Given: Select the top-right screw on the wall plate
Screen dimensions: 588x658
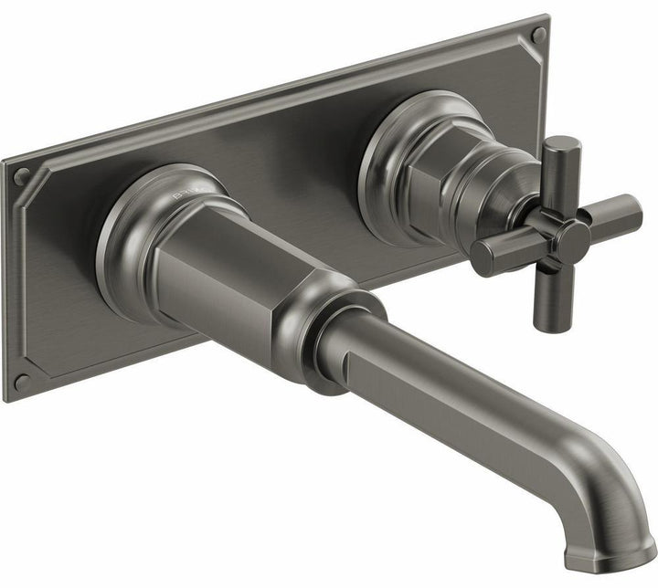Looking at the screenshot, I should [x=538, y=36].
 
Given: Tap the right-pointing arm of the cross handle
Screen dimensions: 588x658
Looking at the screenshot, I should [x=611, y=214].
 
